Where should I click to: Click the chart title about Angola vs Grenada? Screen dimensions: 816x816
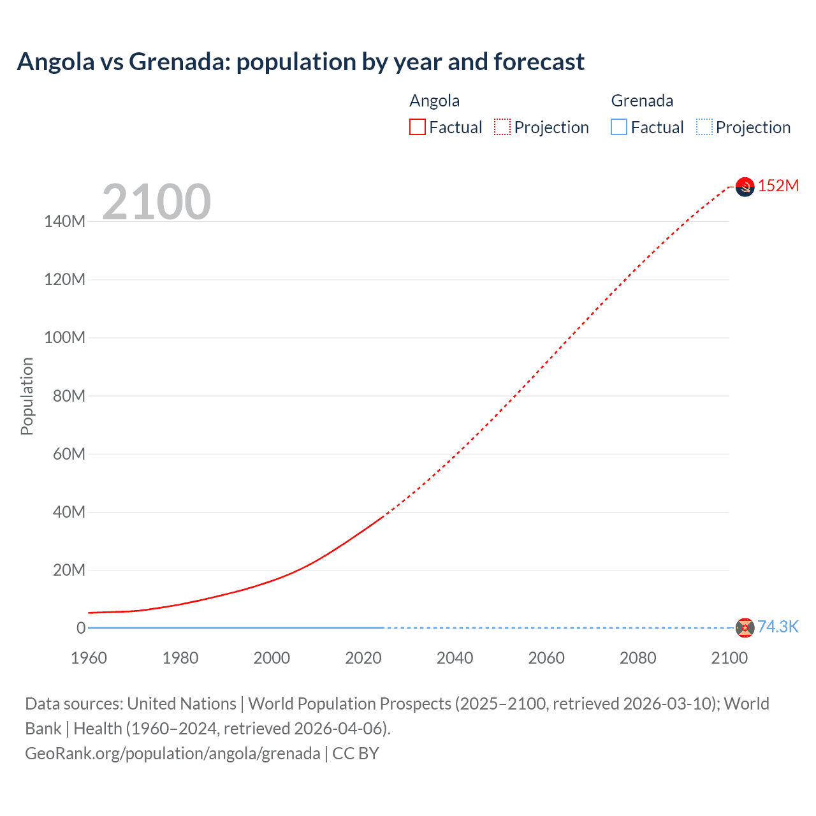click(x=300, y=62)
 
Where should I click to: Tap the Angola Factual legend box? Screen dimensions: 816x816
click(x=418, y=127)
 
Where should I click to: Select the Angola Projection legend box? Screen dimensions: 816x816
click(x=502, y=127)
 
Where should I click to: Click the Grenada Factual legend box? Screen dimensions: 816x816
click(x=619, y=127)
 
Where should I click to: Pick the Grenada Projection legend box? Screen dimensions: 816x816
click(x=704, y=127)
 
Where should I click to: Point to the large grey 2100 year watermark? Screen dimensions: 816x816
click(x=156, y=202)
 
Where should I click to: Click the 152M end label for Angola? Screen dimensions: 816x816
click(x=778, y=186)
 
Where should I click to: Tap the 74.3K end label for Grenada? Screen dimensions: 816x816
click(x=778, y=627)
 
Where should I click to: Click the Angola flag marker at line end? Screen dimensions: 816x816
click(x=745, y=187)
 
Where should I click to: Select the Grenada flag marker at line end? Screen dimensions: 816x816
click(x=745, y=628)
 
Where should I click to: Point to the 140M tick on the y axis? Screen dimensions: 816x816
click(x=64, y=222)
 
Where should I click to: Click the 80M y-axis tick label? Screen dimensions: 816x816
click(x=68, y=396)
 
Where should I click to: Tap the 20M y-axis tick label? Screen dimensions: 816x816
click(x=68, y=570)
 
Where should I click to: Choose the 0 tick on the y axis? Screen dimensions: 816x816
click(x=81, y=628)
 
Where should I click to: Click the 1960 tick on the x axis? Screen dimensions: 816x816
click(x=89, y=658)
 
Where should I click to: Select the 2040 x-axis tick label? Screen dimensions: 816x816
click(x=455, y=658)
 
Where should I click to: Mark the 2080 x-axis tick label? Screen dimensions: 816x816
click(x=637, y=658)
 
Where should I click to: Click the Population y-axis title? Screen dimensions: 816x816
click(x=27, y=396)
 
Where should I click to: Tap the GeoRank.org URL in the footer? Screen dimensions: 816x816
click(x=172, y=754)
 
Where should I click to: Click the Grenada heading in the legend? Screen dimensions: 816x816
click(x=642, y=101)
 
